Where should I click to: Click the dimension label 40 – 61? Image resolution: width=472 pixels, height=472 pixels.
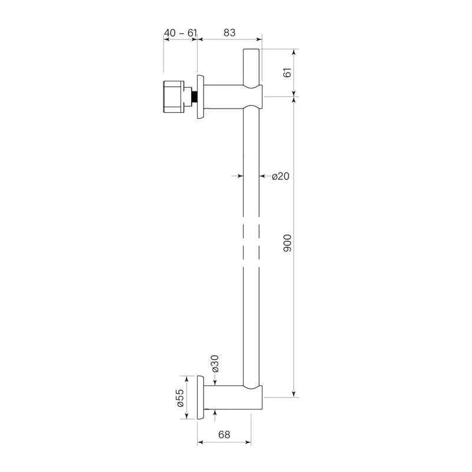click(x=180, y=33)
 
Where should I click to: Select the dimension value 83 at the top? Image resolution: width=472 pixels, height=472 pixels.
click(x=229, y=33)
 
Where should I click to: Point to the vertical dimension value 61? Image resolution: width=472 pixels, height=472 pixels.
click(x=288, y=73)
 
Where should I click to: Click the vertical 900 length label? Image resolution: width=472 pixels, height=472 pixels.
click(x=288, y=243)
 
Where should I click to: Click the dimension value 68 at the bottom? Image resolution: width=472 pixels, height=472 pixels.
click(x=224, y=435)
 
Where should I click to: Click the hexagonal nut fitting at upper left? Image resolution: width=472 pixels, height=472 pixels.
click(x=175, y=96)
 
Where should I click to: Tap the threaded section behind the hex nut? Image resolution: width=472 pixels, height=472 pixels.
click(x=193, y=96)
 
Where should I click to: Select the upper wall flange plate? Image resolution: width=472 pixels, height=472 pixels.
click(x=201, y=96)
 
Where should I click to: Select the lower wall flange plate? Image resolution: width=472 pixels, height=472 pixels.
click(x=201, y=397)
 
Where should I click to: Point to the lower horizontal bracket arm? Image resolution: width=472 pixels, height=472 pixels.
click(x=227, y=397)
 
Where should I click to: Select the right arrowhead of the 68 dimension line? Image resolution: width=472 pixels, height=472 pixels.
click(x=250, y=441)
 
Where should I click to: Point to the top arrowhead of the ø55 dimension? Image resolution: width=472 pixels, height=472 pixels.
click(x=187, y=378)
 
